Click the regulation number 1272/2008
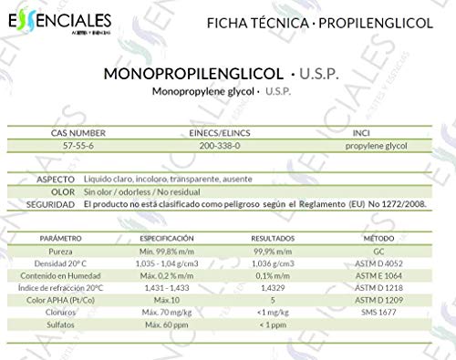click(x=403, y=205)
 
